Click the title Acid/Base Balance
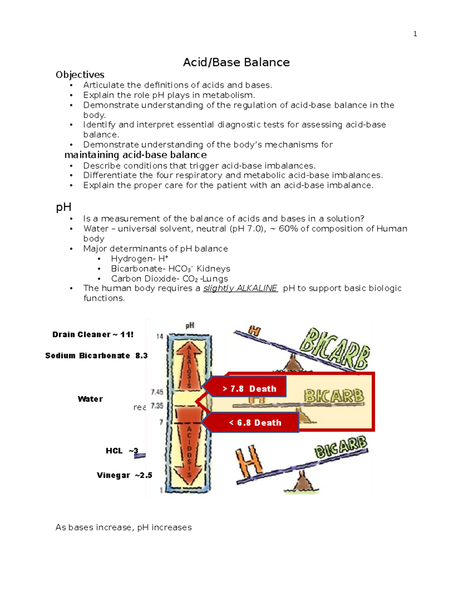coord(236,62)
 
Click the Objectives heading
coord(80,75)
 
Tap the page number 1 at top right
coord(415,34)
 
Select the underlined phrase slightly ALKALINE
coord(240,288)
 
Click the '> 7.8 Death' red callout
coord(249,389)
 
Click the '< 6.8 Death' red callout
coord(255,422)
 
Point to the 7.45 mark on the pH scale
coord(157,392)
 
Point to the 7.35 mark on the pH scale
coord(157,406)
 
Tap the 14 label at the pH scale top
coord(160,336)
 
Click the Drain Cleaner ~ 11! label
coord(93,335)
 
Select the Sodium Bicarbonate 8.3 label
coord(96,355)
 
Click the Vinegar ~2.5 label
coord(124,475)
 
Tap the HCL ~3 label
coord(122,451)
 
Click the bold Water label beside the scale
coord(90,399)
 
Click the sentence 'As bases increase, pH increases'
coord(123,527)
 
